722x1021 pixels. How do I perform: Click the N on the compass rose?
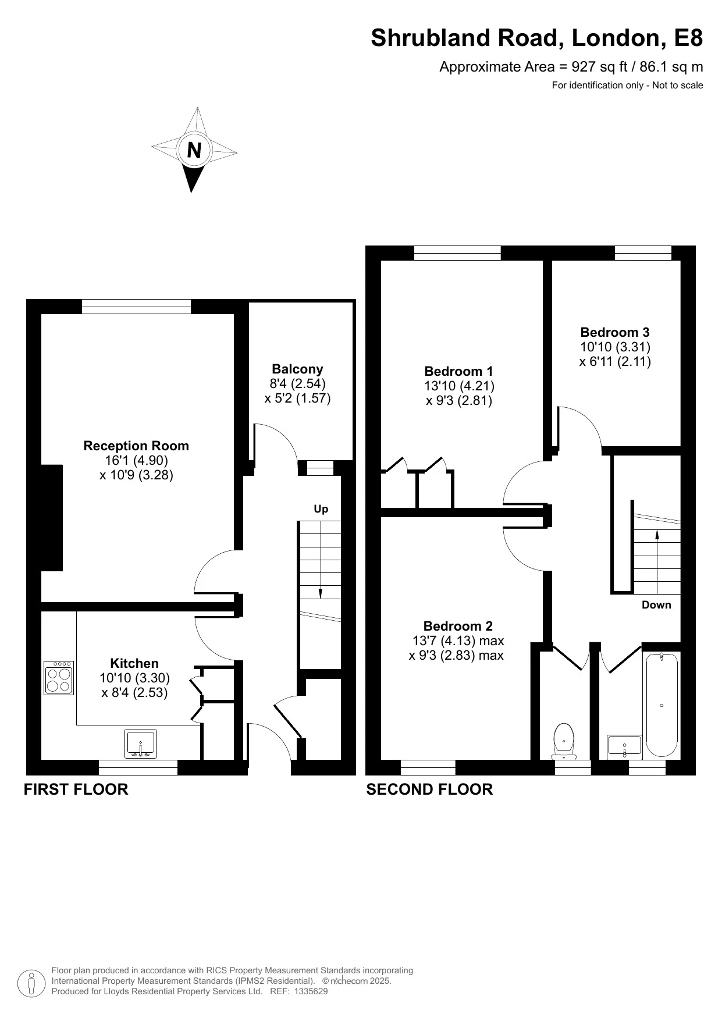[x=194, y=151]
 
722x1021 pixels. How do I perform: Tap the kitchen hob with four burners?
[x=59, y=677]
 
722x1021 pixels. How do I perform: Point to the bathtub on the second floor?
[x=661, y=705]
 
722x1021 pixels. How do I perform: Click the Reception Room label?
[x=136, y=446]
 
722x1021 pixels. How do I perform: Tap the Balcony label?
[x=297, y=369]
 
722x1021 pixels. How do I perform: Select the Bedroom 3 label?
[x=615, y=332]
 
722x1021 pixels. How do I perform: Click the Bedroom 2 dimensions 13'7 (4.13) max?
[x=458, y=641]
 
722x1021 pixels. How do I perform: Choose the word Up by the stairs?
[x=321, y=509]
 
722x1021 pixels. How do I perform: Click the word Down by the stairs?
[x=656, y=605]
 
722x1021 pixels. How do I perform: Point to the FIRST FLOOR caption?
[x=76, y=789]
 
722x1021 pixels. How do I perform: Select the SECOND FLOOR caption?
[x=429, y=789]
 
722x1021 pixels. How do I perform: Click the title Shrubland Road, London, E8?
[x=536, y=38]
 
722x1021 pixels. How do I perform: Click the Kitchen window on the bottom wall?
[x=138, y=768]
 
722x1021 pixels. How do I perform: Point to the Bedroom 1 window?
[x=457, y=252]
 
